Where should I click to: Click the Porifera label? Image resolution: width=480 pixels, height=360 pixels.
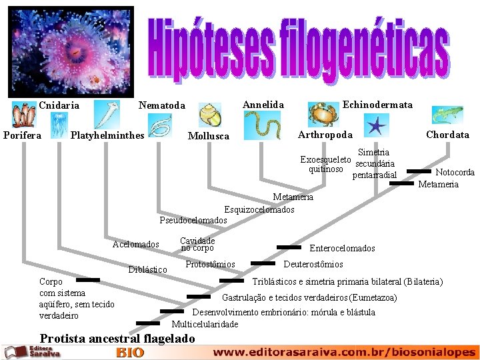coord(23,135)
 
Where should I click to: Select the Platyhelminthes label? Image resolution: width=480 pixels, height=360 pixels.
coord(107,135)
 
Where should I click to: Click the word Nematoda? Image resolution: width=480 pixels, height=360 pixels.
coord(162,105)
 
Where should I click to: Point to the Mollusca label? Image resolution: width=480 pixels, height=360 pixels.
coord(209,136)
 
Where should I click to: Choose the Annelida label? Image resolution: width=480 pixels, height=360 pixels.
coord(263,105)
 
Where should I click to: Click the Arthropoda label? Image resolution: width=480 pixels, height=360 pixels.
coord(325,135)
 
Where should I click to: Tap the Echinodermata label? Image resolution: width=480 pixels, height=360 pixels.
coord(377,105)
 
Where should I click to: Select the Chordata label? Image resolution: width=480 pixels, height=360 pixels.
coord(447,135)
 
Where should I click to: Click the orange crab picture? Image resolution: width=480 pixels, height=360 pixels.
coord(323,115)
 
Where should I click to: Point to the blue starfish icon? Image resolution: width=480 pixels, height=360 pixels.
coord(376,125)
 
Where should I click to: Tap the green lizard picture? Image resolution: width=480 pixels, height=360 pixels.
coord(447,115)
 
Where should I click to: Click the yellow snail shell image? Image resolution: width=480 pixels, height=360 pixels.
coord(210,115)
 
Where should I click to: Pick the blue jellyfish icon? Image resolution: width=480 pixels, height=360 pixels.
coord(59,124)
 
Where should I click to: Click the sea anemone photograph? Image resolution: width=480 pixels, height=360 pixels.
coord(71,52)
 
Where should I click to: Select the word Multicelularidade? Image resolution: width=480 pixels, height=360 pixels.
coord(205,324)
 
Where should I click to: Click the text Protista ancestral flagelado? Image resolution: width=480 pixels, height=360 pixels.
coord(117,339)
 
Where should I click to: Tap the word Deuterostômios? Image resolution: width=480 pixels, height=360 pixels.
coord(313,264)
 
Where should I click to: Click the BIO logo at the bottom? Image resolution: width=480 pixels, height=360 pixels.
coord(130,352)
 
